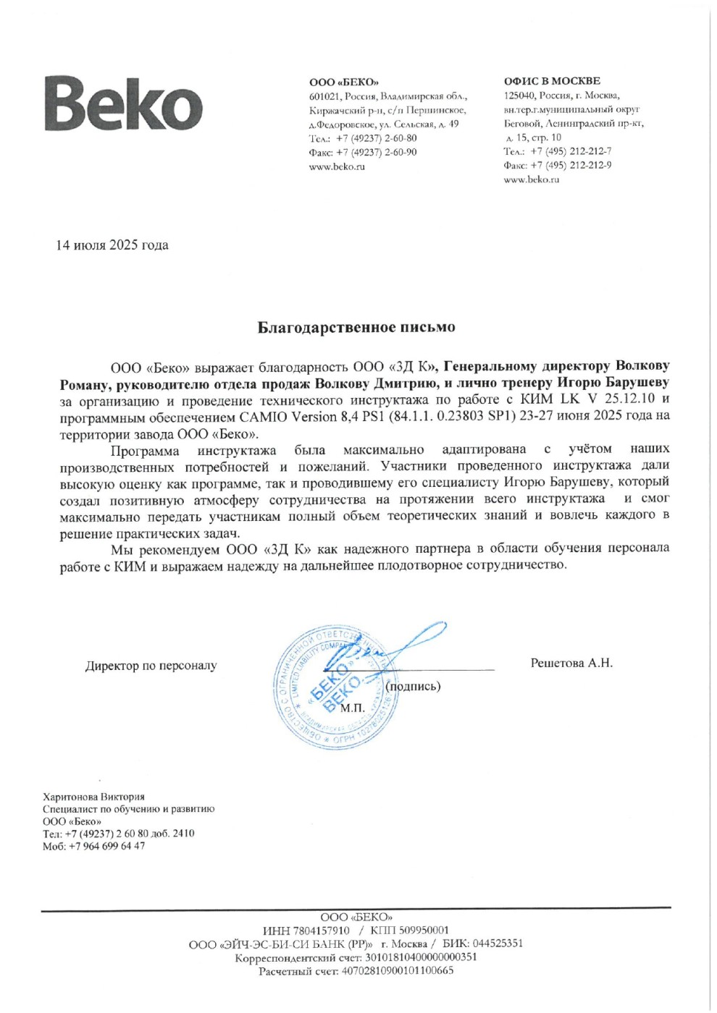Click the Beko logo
point(124,105)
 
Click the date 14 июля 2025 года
point(112,245)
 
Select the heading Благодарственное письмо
point(356,327)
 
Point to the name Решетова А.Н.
point(571,663)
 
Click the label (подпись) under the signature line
point(413,686)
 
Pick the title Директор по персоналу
point(151,666)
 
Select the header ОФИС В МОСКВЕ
point(552,81)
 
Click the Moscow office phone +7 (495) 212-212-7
point(571,151)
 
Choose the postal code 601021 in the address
point(324,96)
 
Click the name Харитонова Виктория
point(93,797)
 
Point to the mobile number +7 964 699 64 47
point(105,846)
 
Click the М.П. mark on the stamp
point(353,708)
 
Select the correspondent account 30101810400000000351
point(420,957)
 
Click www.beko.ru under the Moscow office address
point(532,179)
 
